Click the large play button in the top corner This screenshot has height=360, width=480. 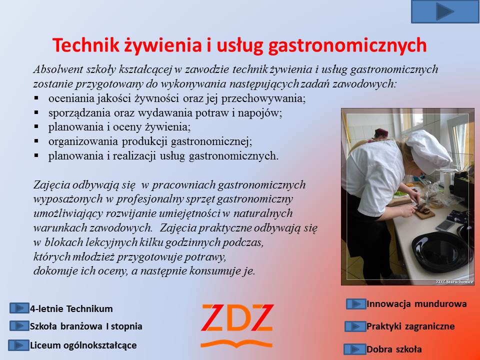(445, 11)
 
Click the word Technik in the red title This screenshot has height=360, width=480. (85, 44)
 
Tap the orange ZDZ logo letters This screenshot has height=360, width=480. (237, 318)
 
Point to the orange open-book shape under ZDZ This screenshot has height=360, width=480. (236, 344)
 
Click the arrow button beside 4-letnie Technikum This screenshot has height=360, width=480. (19, 308)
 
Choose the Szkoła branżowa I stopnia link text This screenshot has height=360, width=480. (86, 326)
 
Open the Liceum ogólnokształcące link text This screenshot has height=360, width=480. (83, 345)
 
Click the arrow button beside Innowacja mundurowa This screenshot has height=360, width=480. (356, 304)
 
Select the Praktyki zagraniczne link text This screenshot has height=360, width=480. (410, 326)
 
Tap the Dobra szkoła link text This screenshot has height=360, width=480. (394, 349)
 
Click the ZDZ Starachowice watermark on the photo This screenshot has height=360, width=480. (454, 281)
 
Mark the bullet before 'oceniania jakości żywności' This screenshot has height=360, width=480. (36, 98)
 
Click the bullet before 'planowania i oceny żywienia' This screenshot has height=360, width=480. (36, 126)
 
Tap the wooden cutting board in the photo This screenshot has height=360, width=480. (424, 213)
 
